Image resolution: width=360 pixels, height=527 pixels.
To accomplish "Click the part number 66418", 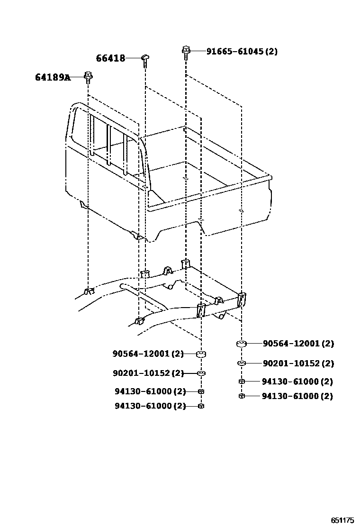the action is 111,58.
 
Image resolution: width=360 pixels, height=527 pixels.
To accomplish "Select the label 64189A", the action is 52,77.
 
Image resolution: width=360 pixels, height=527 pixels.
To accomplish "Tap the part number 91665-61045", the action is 234,51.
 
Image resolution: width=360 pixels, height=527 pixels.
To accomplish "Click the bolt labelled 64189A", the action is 88,76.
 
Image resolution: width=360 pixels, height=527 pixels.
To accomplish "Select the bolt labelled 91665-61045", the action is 186,51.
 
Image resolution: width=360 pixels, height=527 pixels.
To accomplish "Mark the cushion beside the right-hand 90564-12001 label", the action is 241,344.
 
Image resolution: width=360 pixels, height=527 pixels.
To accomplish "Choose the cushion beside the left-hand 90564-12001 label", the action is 201,354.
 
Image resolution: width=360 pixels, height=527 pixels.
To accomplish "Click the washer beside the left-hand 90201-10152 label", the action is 201,373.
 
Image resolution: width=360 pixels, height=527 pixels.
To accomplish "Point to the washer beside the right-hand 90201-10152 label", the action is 241,363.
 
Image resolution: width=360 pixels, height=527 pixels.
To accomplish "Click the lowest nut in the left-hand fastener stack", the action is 201,406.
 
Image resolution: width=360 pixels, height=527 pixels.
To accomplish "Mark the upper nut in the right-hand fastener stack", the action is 241,382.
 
